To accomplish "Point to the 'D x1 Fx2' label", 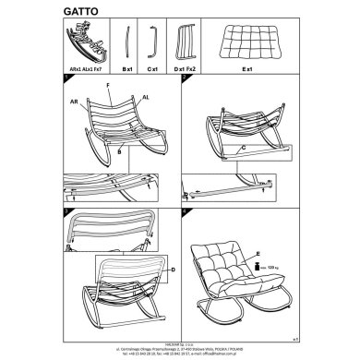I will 186,69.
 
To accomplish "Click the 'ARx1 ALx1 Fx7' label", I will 85,69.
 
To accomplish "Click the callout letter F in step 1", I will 110,84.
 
